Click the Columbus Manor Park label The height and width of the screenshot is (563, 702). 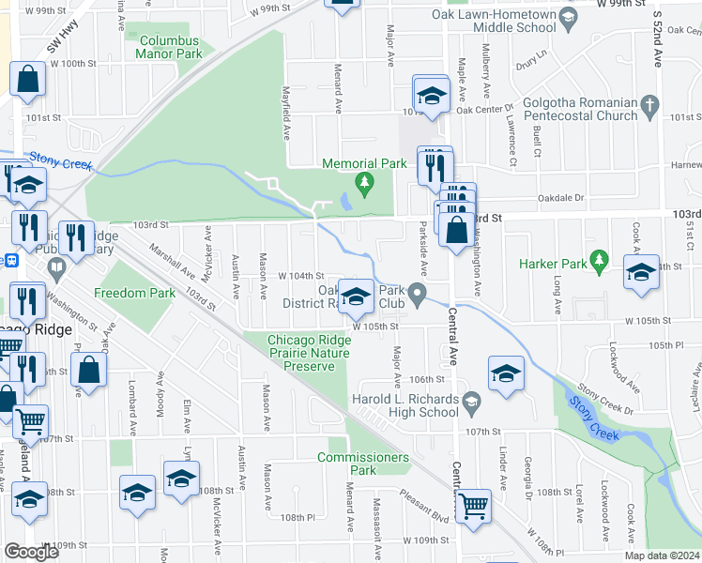169,48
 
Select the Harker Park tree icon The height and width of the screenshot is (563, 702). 597,260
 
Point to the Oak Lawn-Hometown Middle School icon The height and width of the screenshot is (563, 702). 567,16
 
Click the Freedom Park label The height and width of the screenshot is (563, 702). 135,293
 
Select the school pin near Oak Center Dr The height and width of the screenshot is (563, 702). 431,95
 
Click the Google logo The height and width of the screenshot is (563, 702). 31,551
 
